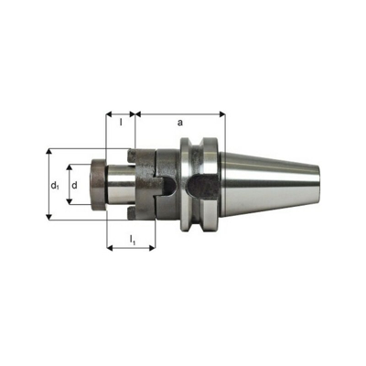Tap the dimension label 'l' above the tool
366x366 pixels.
[x=121, y=121]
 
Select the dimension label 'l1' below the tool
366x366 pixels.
[x=133, y=240]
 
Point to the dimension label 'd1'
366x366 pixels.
[x=56, y=186]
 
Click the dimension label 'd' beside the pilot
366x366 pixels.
[x=75, y=185]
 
